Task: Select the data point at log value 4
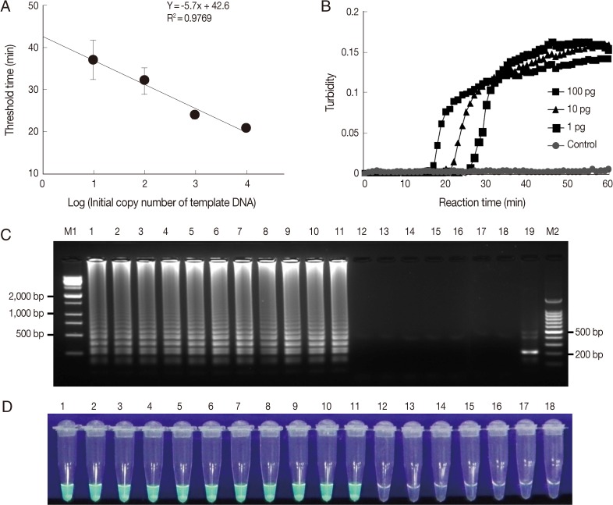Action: coord(246,127)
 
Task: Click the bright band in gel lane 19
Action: coord(531,352)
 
